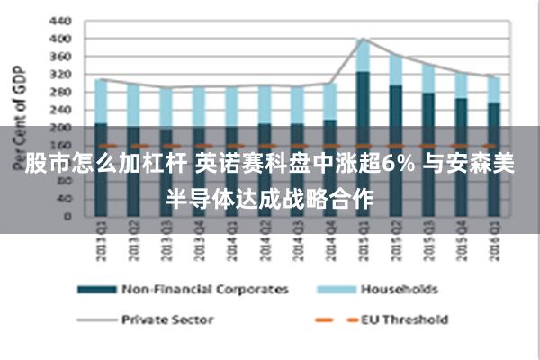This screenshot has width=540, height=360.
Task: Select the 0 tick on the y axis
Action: [x=65, y=216]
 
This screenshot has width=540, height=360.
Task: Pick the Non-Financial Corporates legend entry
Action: [x=205, y=289]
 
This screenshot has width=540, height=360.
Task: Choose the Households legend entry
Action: [x=399, y=289]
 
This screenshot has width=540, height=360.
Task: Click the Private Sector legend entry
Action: [x=167, y=319]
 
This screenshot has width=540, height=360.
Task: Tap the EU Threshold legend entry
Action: [x=404, y=319]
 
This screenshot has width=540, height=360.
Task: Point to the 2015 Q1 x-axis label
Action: [x=362, y=243]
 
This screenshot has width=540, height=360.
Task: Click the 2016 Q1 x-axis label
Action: [x=492, y=243]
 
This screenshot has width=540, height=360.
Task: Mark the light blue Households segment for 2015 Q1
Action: [x=362, y=56]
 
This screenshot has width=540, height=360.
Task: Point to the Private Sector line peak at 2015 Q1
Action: [x=362, y=39]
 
